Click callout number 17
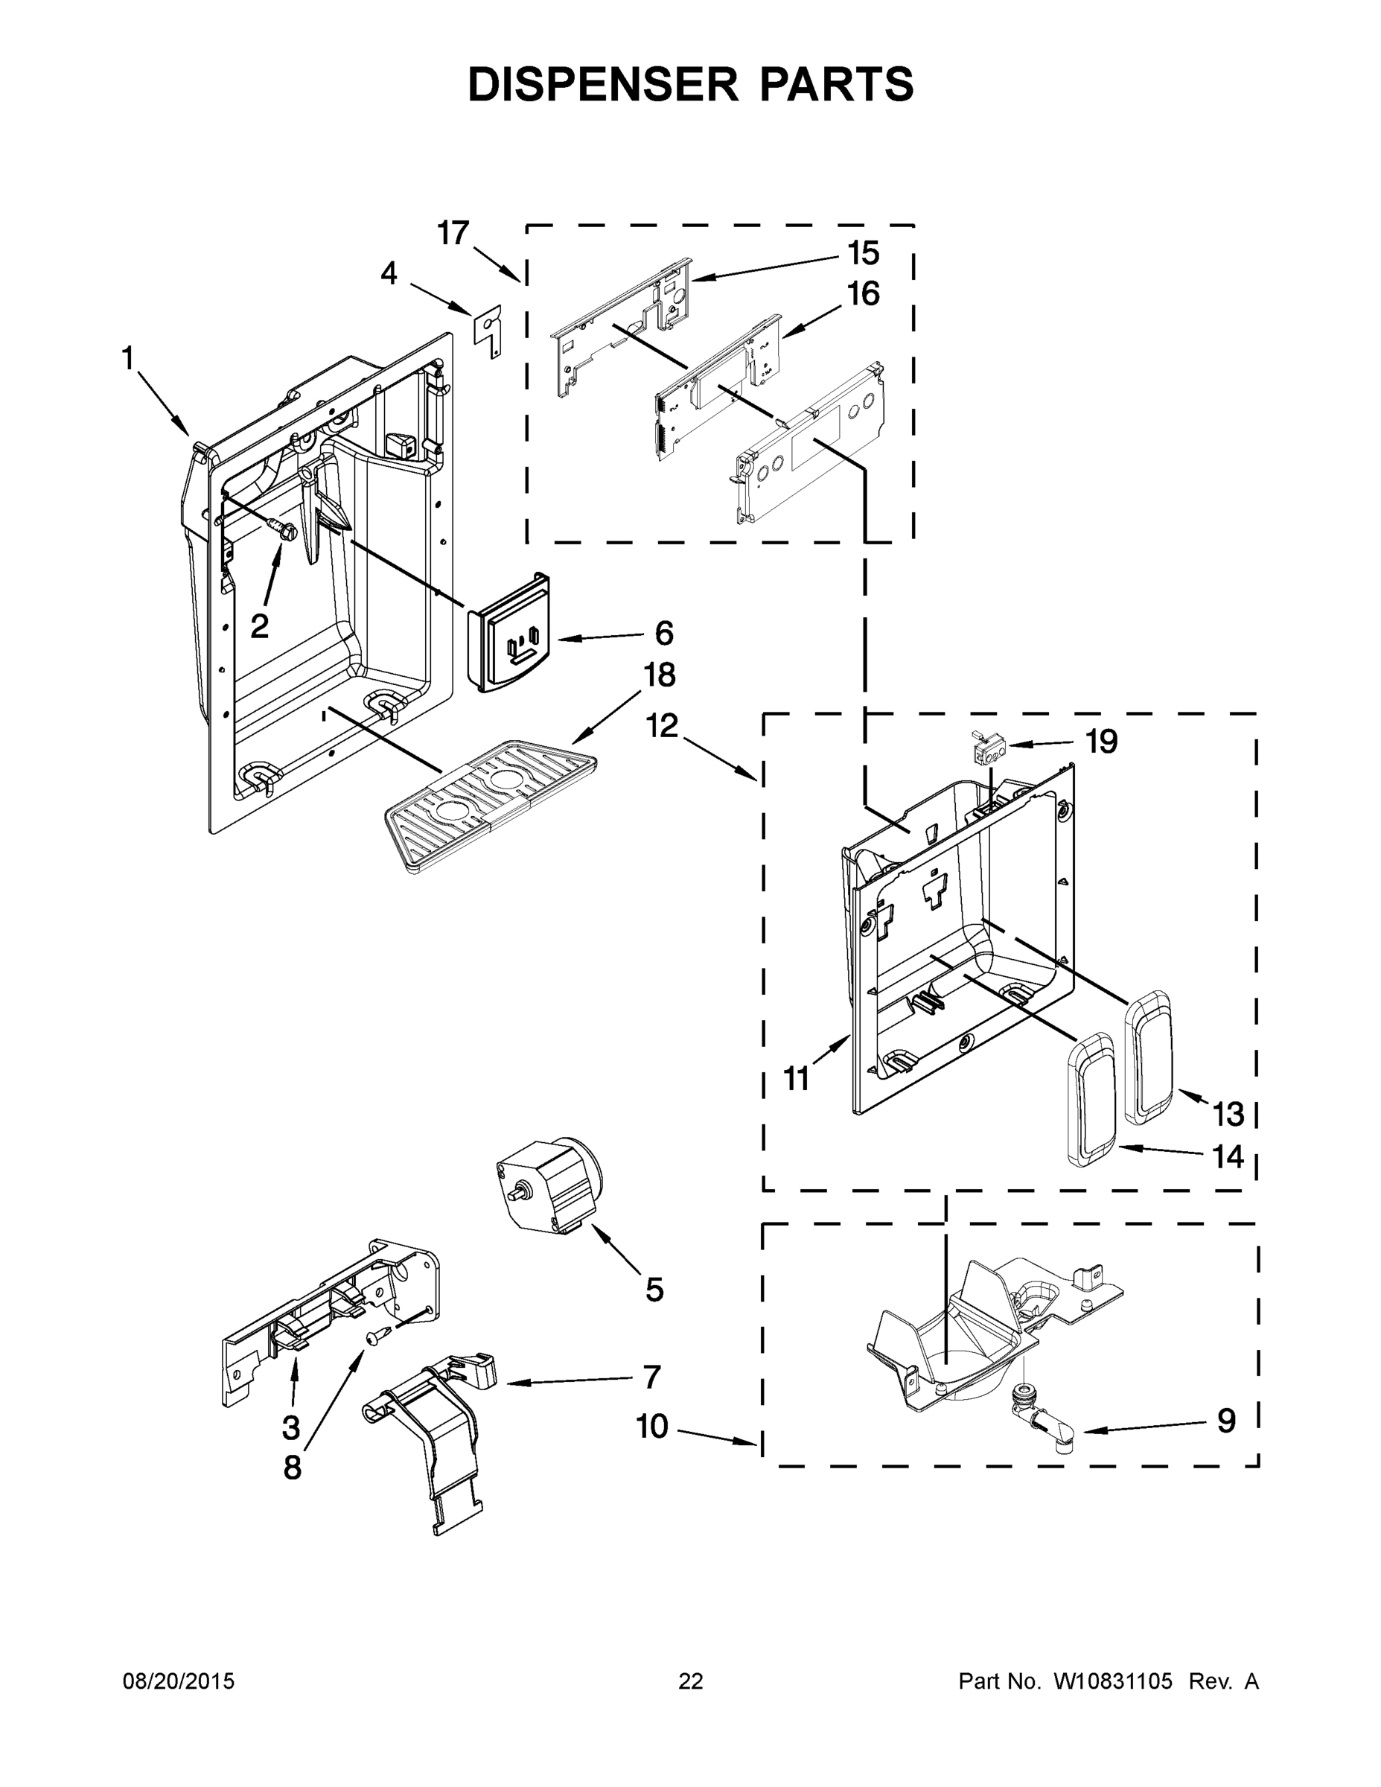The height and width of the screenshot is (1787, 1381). pos(453,233)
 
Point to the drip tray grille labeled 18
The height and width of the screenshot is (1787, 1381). pos(489,801)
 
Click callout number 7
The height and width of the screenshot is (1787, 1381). pos(651,1377)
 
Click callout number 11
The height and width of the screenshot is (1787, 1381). pos(796,1078)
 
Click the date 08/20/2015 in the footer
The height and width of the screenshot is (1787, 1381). pos(179,1681)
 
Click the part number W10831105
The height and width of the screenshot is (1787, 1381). pos(1113,1681)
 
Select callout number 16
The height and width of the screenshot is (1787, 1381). pos(863,294)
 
